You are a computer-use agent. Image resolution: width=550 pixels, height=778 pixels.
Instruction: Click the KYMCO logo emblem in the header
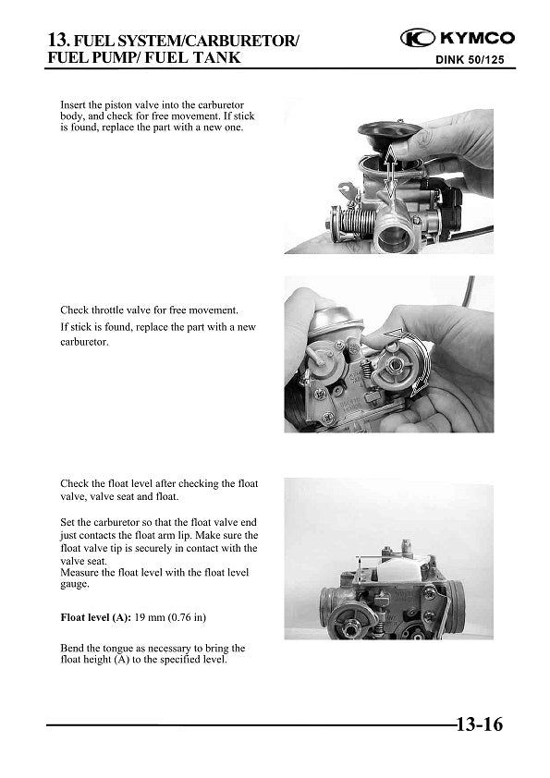point(418,38)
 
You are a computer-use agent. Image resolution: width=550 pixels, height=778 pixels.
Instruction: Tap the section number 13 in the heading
point(56,40)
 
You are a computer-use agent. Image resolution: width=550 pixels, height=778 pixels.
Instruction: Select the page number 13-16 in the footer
point(478,724)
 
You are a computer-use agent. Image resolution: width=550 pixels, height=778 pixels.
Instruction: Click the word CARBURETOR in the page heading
point(250,41)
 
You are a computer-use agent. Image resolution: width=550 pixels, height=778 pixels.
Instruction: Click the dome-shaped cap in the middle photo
point(334,320)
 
